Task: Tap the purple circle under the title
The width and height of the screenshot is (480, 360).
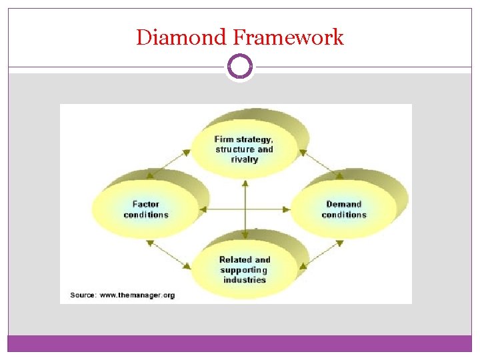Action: tap(240, 67)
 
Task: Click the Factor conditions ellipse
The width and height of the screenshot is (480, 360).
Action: tap(146, 209)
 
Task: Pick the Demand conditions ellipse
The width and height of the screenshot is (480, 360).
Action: tap(344, 209)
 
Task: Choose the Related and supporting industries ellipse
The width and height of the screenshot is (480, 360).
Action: tap(244, 269)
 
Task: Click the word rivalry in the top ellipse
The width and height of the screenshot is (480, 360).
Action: tap(245, 160)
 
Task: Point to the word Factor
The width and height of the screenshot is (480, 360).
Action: tap(146, 204)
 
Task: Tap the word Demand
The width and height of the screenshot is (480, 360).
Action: tap(344, 204)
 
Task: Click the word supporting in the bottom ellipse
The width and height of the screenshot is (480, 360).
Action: tap(244, 270)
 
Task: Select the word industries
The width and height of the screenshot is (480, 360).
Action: tap(244, 280)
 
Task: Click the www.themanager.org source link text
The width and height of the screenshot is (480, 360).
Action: tap(137, 294)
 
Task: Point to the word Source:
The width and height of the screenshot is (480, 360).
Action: tap(83, 294)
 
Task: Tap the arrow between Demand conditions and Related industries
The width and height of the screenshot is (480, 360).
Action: tap(319, 255)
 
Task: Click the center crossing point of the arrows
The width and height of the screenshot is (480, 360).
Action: tap(245, 209)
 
